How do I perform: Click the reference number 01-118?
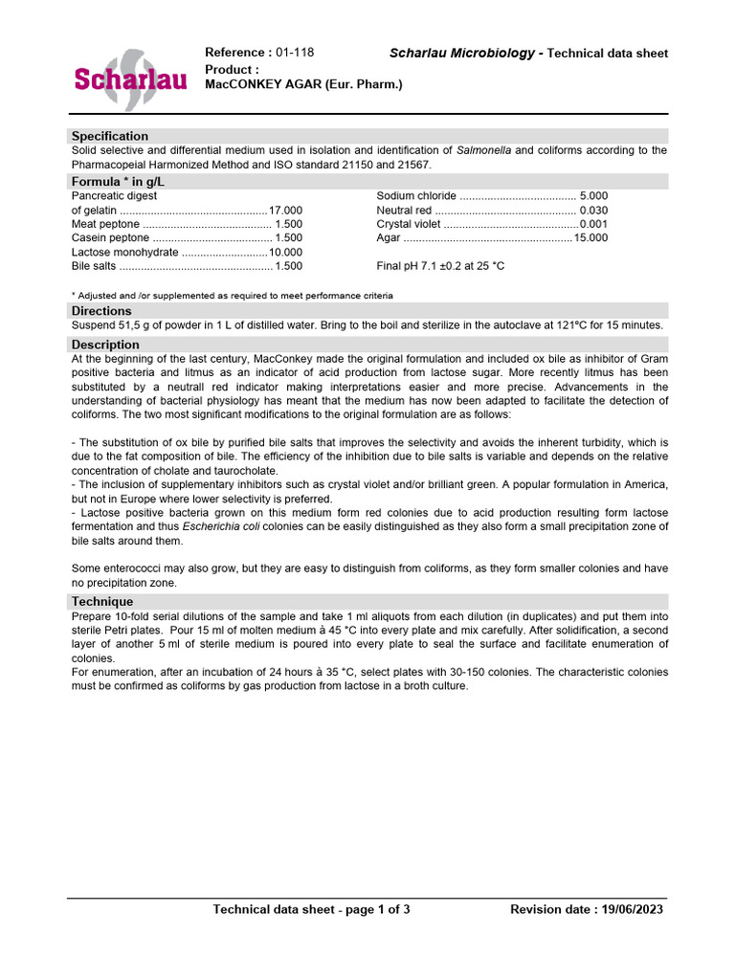(x=295, y=53)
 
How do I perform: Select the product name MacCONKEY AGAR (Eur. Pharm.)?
(x=304, y=85)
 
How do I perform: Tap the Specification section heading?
(x=110, y=136)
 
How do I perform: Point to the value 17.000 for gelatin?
(x=285, y=211)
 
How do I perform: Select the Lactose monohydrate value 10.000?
(x=285, y=252)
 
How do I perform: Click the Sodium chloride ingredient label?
(x=416, y=196)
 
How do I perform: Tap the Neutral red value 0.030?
(x=593, y=211)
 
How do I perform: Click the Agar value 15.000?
(x=590, y=238)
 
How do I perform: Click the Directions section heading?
(x=101, y=311)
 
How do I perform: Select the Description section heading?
(x=105, y=345)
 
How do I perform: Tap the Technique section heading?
(x=102, y=601)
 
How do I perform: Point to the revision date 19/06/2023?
(x=630, y=909)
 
